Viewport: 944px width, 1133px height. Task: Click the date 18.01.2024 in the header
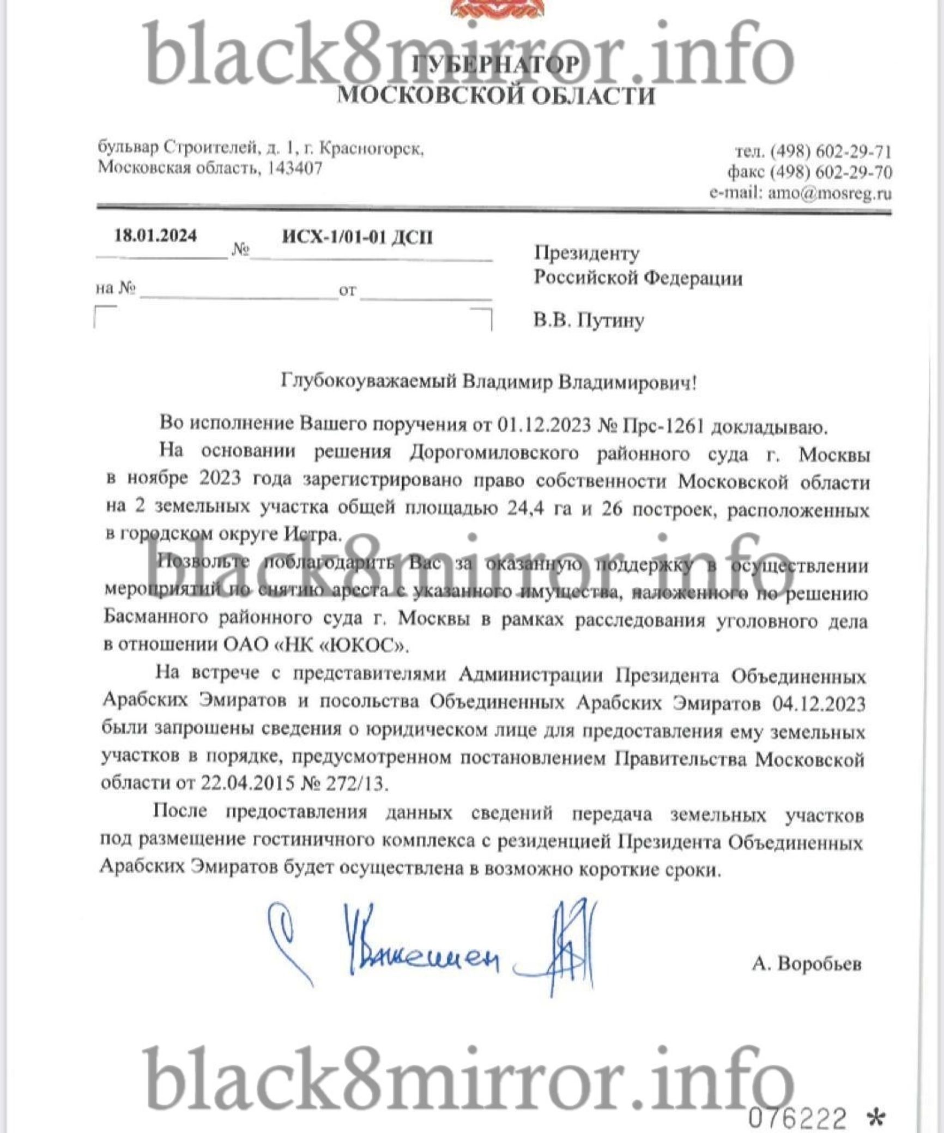155,236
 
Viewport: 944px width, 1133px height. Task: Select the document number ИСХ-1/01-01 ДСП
358,238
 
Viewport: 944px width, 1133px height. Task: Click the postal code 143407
295,168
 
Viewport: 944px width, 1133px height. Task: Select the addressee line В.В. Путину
589,320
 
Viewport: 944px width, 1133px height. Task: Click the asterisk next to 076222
875,1119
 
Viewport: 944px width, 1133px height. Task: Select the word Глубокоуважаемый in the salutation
368,382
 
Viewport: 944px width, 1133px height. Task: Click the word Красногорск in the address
370,148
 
